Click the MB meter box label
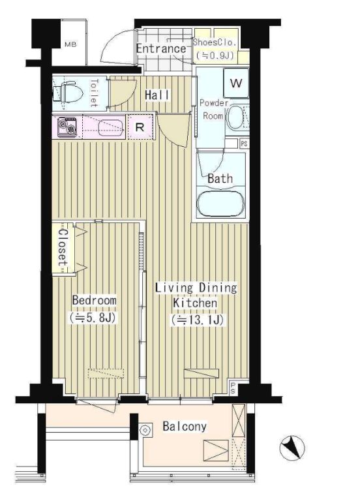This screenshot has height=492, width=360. click(x=70, y=44)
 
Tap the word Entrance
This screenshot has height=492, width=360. click(x=161, y=49)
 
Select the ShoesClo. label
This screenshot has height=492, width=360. click(x=214, y=42)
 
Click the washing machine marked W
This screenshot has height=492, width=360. click(x=236, y=83)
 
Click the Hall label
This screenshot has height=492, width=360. click(x=157, y=95)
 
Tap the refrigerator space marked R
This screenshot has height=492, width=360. click(x=140, y=127)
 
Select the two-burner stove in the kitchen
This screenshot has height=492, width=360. click(x=67, y=127)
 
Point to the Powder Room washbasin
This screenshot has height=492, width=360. click(x=235, y=118)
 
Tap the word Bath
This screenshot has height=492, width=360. click(x=220, y=179)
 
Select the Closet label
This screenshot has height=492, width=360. click(x=63, y=248)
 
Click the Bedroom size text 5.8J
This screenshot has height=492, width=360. click(x=93, y=318)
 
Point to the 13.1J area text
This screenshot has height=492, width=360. click(x=198, y=320)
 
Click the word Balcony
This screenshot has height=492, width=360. click(x=185, y=426)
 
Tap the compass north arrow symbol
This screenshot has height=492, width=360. click(x=292, y=447)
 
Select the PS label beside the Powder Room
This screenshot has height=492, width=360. click(x=244, y=144)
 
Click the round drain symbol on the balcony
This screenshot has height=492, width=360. click(x=145, y=430)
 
